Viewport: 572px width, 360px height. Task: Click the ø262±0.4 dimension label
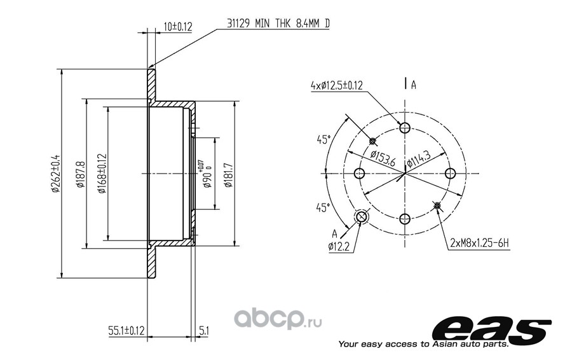click(x=55, y=173)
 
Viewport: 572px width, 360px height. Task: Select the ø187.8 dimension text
click(x=80, y=174)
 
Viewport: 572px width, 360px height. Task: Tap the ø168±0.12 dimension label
click(x=102, y=173)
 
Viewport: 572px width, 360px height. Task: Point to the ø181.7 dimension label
click(x=228, y=174)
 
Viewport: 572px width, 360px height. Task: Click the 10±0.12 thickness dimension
click(x=178, y=27)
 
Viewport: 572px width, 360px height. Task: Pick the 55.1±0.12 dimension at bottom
click(x=126, y=331)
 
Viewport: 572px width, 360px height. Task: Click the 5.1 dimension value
click(x=204, y=331)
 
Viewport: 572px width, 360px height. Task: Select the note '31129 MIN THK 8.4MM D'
click(x=278, y=24)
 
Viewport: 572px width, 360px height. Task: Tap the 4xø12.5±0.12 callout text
click(x=337, y=85)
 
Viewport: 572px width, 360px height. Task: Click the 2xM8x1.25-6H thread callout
click(x=479, y=243)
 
